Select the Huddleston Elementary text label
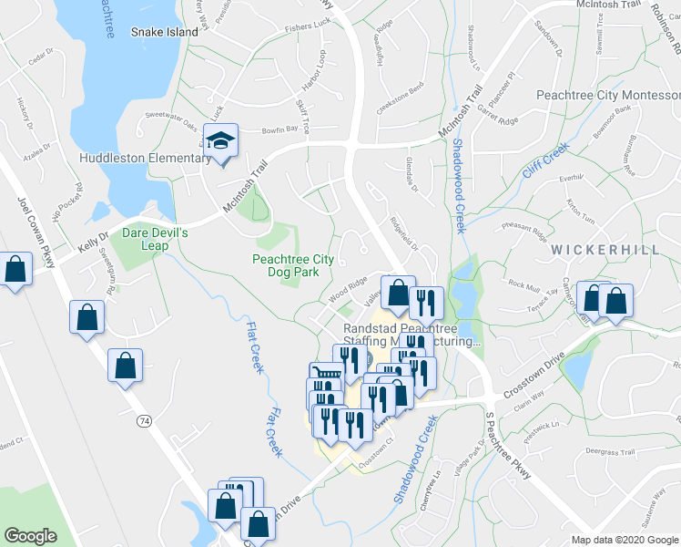tap(145, 159)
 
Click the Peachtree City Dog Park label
tap(292, 264)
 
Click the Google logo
tap(31, 536)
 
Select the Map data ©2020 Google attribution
tap(624, 540)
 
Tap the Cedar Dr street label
tap(37, 61)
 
